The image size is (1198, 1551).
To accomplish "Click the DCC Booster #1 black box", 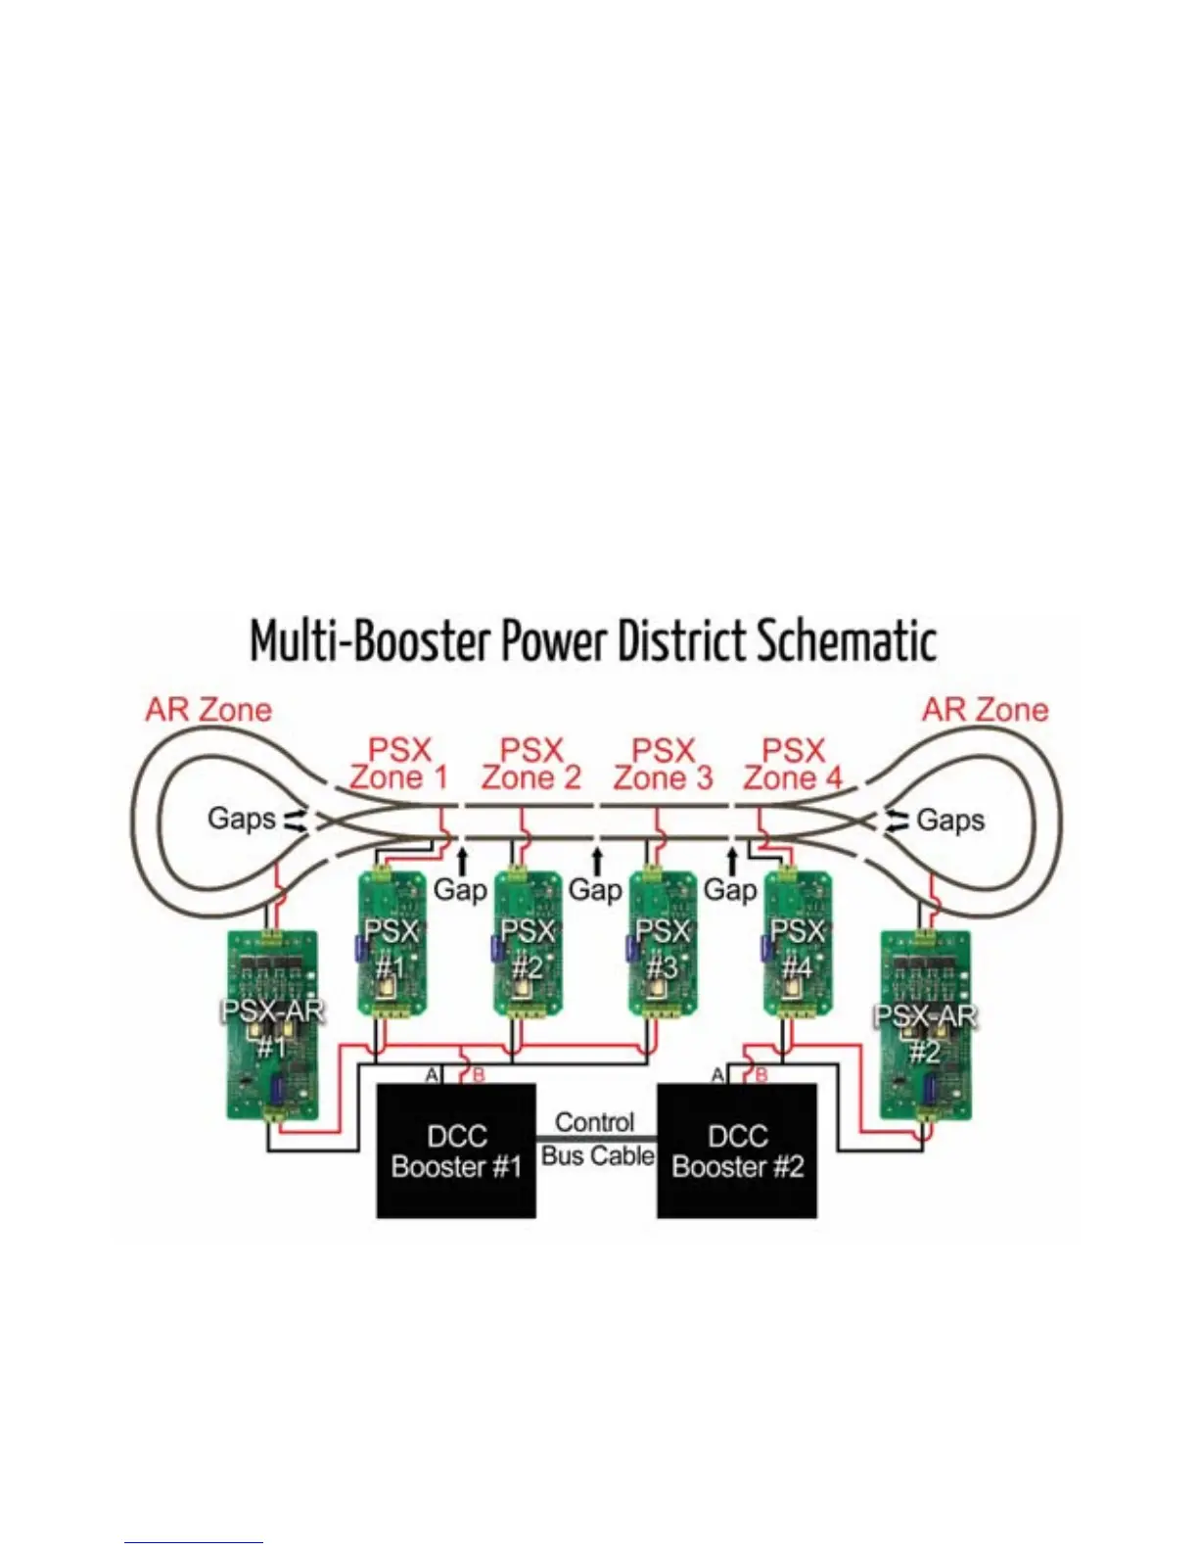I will click(x=456, y=1151).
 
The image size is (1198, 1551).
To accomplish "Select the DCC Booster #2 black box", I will click(x=737, y=1151).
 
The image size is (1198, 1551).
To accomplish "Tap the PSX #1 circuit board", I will click(x=392, y=945).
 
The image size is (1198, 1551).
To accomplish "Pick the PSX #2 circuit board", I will click(x=528, y=945).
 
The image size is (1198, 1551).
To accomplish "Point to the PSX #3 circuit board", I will click(x=663, y=945).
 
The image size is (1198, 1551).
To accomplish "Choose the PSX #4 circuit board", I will click(x=797, y=945).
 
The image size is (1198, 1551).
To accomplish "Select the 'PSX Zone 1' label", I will click(x=399, y=764).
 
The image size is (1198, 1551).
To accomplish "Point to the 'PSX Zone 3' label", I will click(x=663, y=764).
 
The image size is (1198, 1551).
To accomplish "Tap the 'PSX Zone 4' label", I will click(x=793, y=764).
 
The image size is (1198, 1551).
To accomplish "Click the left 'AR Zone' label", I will click(x=208, y=709).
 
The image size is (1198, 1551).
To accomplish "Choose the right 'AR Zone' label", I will click(x=985, y=709).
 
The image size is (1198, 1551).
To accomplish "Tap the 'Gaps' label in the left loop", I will click(x=241, y=818).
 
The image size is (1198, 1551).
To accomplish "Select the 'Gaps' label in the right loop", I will click(x=950, y=820).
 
